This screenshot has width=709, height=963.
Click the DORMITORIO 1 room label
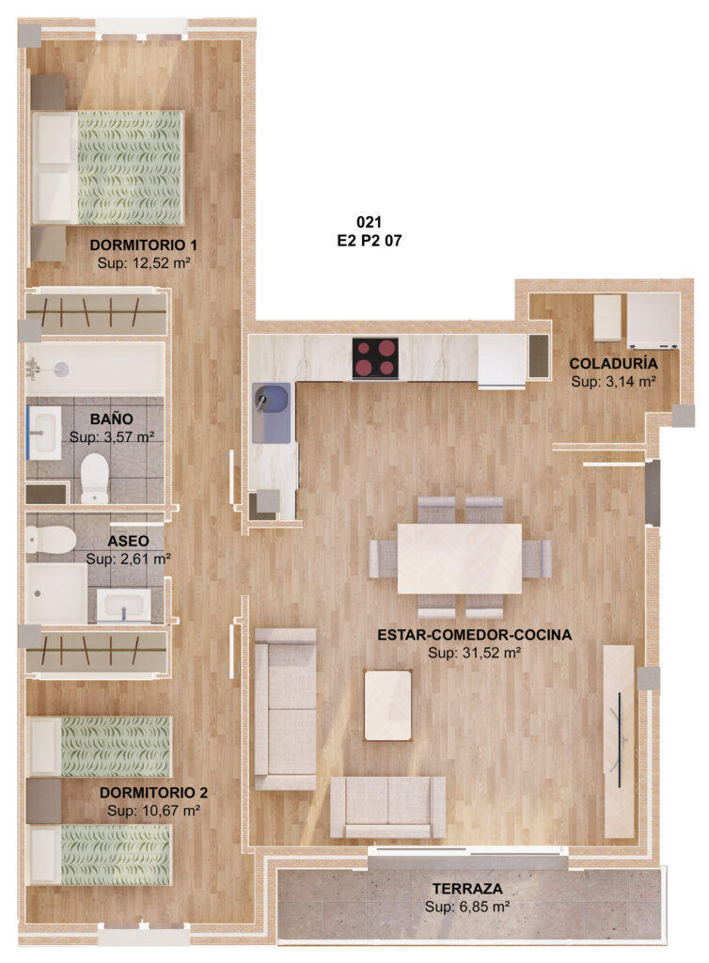[x=143, y=245]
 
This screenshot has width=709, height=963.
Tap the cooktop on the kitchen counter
[x=375, y=358]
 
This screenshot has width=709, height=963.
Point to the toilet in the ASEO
[x=51, y=540]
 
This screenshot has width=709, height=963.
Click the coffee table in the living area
[x=387, y=705]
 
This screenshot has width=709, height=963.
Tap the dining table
[x=459, y=559]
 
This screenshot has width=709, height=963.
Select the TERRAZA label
[x=467, y=888]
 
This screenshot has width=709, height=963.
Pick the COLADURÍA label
[x=613, y=363]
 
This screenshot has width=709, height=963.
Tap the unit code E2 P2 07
[x=370, y=241]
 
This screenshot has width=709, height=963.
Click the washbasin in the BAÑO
[x=45, y=433]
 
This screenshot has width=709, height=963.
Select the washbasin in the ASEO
[x=123, y=607]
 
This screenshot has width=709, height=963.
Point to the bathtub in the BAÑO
[x=95, y=369]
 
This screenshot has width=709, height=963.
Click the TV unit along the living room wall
[x=619, y=741]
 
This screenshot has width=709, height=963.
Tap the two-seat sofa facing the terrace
[x=388, y=807]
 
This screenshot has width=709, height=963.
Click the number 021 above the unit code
[x=369, y=222]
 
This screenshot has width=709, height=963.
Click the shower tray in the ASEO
[x=56, y=593]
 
